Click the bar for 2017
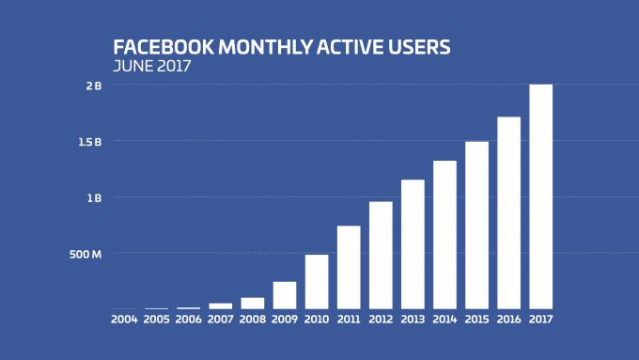540,196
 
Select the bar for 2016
508,212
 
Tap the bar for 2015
476,225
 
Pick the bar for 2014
444,234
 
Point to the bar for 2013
413,243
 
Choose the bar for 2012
381,255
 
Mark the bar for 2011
349,267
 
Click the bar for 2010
317,281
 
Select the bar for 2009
285,295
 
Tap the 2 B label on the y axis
94,86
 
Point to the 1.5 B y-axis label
90,142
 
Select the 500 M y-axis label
86,254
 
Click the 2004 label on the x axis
124,320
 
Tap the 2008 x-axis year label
253,320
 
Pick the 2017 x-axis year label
540,320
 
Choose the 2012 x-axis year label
381,320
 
